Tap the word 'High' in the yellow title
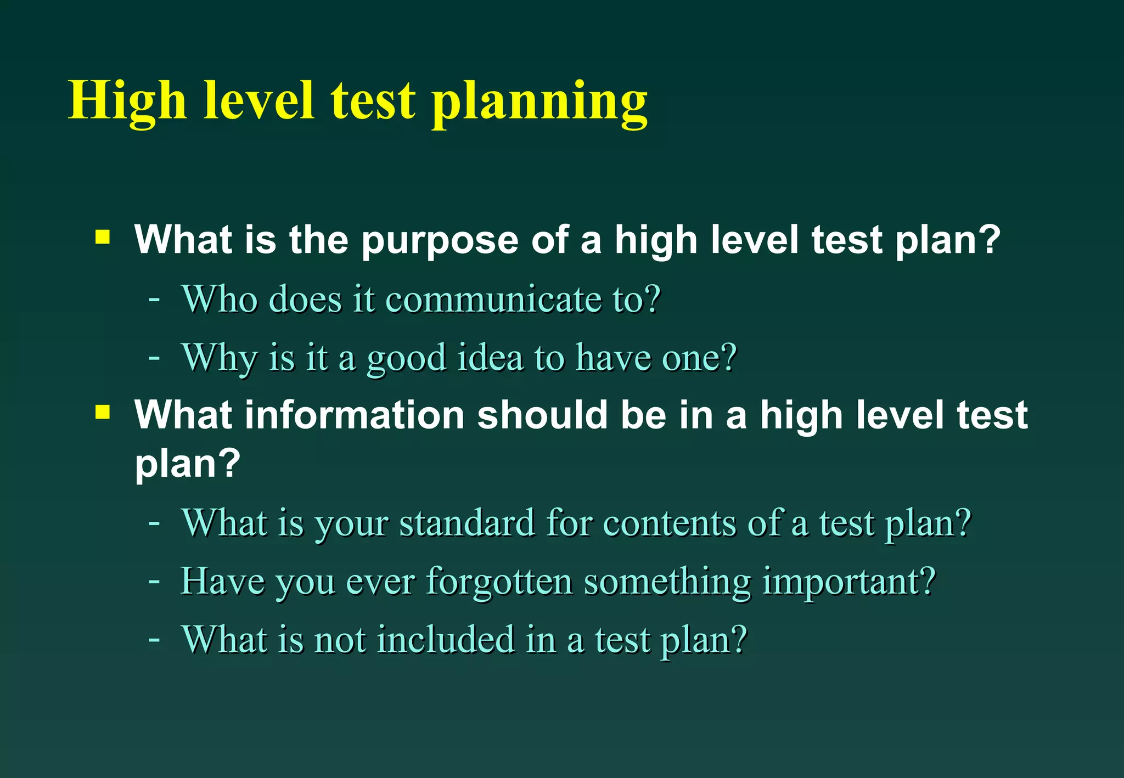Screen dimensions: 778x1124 127,102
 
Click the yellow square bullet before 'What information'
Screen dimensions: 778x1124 103,411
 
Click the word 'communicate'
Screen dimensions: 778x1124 493,300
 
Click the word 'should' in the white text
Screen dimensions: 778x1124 542,415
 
